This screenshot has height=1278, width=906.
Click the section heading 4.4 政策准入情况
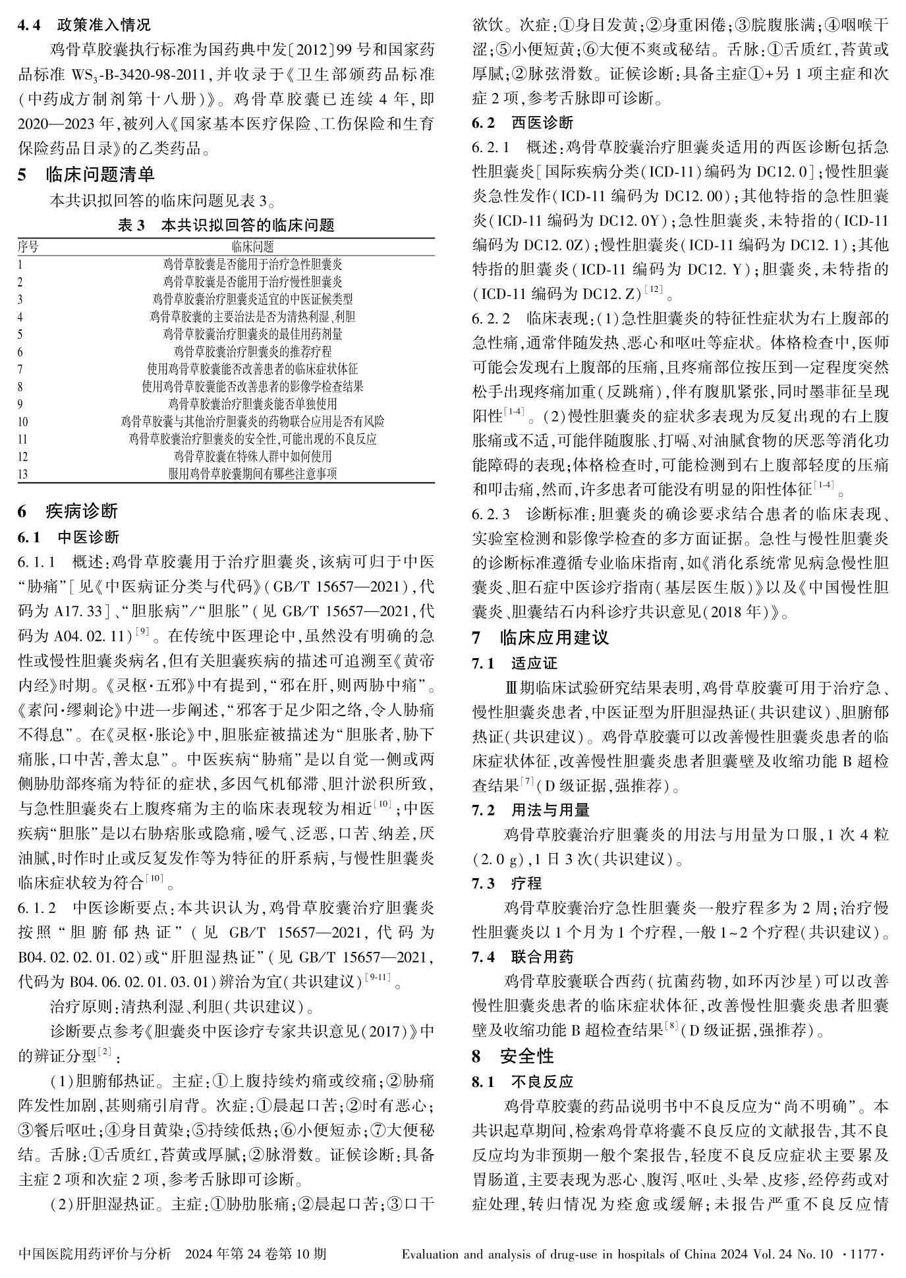tap(84, 25)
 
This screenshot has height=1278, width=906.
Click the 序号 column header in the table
tap(28, 247)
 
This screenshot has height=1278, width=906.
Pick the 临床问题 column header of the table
tap(252, 247)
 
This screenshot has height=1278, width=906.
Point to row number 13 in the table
tap(23, 474)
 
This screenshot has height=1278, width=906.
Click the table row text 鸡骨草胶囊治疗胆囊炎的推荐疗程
tap(252, 352)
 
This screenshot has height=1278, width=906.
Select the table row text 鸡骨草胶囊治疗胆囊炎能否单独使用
tap(252, 404)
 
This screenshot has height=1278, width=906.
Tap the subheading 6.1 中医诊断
tap(69, 538)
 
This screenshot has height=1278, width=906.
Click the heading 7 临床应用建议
tap(540, 638)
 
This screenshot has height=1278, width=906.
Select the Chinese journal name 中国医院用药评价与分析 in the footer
tap(95, 1253)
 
